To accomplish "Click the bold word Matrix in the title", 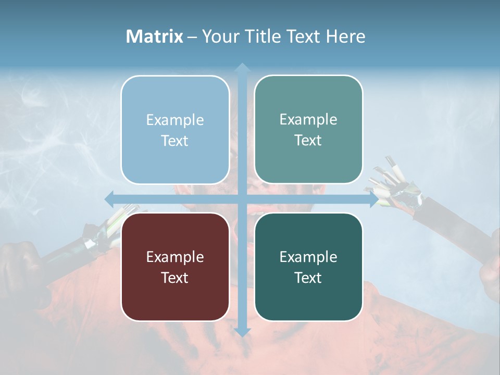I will click(155, 36).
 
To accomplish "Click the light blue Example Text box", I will click(175, 130).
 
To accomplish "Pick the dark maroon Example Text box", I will click(175, 267).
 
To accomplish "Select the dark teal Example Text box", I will click(308, 267).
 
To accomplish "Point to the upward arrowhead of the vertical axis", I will click(242, 67).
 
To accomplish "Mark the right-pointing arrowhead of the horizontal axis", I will click(373, 199).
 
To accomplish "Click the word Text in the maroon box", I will click(175, 278).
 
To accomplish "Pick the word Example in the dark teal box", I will click(308, 257).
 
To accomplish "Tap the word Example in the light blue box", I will click(175, 120).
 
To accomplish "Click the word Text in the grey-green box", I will click(308, 140).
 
